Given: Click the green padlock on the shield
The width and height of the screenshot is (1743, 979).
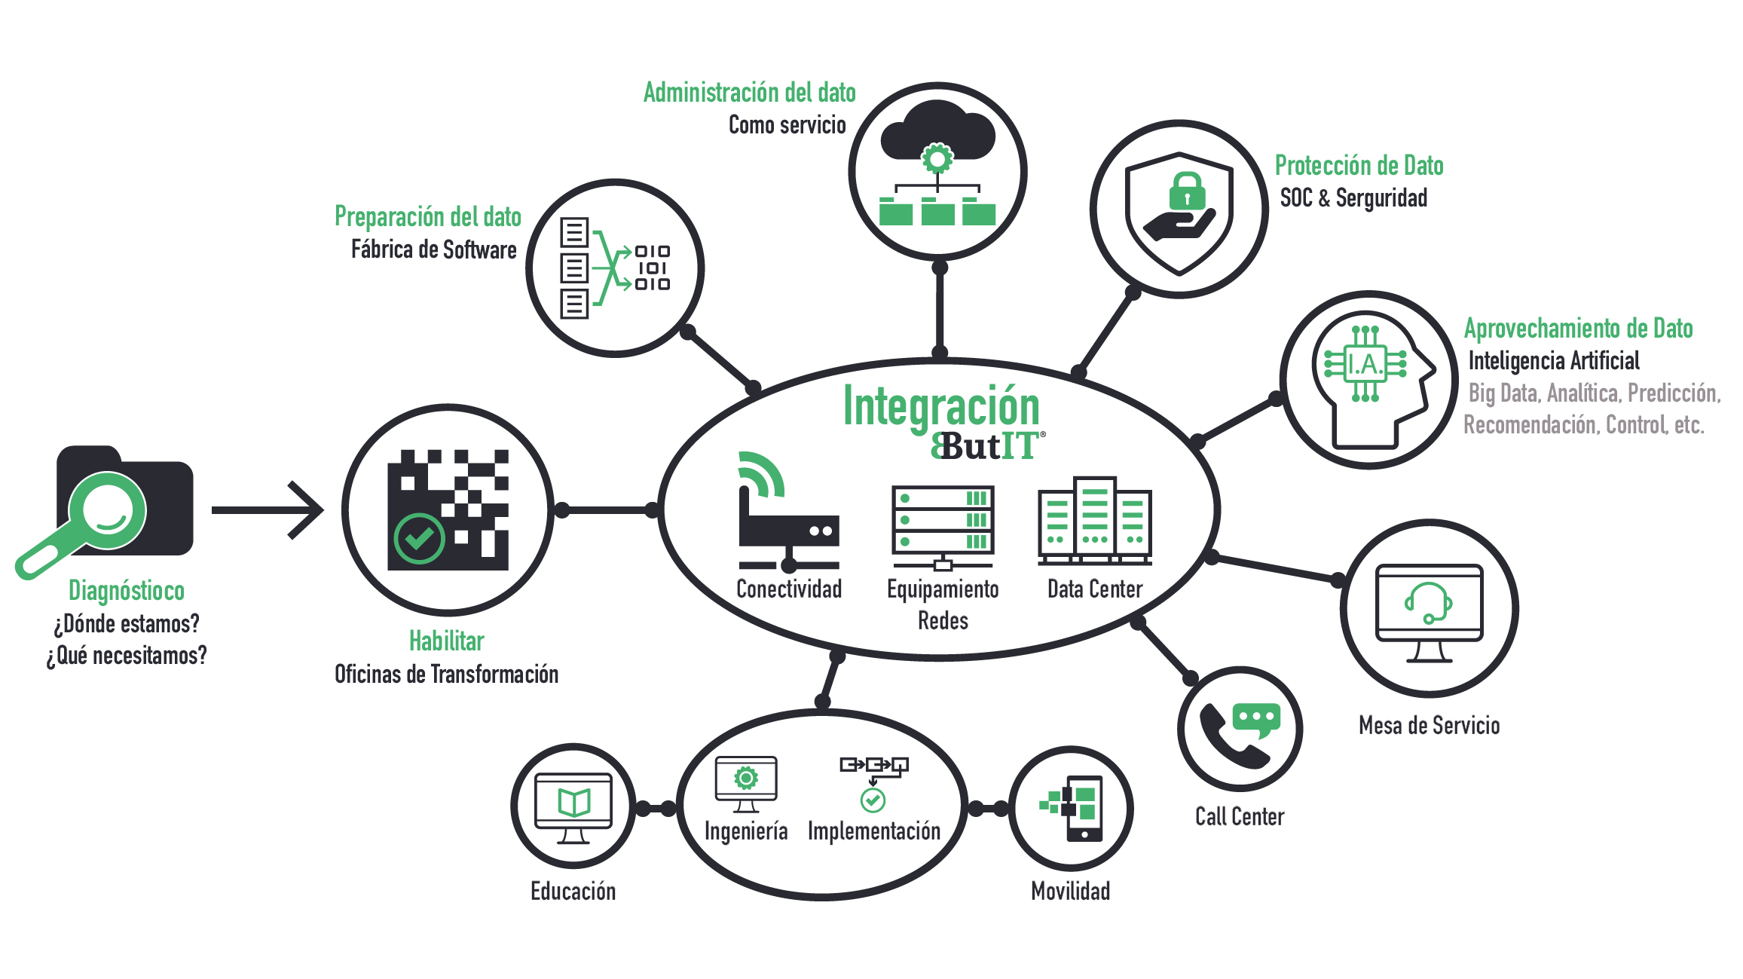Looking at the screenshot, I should point(1187,192).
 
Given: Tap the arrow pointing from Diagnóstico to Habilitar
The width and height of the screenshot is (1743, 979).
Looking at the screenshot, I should point(268,510).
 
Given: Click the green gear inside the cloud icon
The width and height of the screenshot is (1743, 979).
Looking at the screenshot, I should point(937,159).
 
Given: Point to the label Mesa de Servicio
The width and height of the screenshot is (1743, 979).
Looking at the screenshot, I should point(1429,725).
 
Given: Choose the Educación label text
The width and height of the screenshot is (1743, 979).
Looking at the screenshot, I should point(573,892).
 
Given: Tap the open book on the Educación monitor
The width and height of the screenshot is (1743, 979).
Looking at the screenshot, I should point(573,803).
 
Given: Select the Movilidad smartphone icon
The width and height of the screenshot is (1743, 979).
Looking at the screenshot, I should point(1084,809).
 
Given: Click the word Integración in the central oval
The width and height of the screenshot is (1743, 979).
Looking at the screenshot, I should point(941,406).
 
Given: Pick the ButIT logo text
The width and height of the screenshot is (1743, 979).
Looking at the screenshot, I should point(987,446).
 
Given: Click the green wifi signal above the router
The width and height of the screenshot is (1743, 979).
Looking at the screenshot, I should point(762,475).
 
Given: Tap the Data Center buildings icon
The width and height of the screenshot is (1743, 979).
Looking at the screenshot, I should point(1094,521).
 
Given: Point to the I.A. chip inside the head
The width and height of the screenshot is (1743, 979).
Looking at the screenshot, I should point(1365,364).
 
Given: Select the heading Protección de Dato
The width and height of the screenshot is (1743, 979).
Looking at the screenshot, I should point(1359,166).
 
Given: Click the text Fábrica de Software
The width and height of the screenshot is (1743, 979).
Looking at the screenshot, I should point(433,249).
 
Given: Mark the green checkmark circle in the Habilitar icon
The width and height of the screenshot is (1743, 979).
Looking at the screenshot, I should point(419,539).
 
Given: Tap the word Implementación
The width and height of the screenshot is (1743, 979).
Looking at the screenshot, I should point(873,831).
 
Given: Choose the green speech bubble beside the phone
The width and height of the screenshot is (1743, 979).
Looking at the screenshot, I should point(1256,719).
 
